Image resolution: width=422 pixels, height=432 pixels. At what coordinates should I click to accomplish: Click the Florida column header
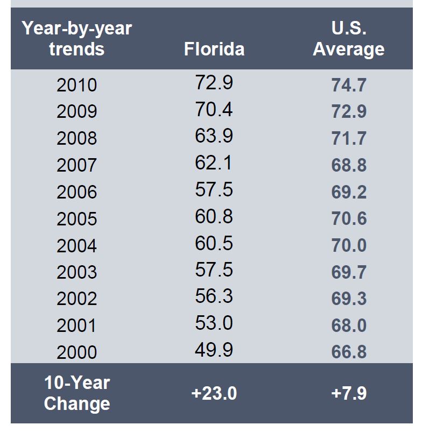click(214, 49)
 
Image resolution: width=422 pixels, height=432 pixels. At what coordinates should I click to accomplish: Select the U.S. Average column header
click(349, 39)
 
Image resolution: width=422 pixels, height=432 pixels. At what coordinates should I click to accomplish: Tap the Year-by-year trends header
click(77, 39)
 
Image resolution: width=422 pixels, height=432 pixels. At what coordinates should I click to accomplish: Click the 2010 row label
click(77, 85)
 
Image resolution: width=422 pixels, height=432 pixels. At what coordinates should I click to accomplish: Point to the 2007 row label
click(77, 165)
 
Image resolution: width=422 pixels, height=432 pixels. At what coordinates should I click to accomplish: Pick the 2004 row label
click(77, 246)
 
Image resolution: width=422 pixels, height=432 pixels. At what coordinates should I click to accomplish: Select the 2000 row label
click(77, 352)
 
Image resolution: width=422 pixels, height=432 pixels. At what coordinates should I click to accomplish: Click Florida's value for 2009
click(214, 109)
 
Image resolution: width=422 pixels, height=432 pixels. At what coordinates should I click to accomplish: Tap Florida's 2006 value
click(214, 189)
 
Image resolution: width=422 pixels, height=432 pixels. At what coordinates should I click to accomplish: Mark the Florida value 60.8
click(214, 216)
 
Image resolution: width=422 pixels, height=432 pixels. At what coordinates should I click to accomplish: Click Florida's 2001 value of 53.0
click(214, 323)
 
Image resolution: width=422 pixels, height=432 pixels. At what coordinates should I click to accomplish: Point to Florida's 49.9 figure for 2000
click(214, 350)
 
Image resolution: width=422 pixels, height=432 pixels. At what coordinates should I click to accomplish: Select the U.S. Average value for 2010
click(349, 85)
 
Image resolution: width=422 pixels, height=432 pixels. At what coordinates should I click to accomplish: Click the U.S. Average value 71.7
click(349, 138)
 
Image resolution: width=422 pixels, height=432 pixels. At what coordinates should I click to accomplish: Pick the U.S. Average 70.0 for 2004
click(349, 245)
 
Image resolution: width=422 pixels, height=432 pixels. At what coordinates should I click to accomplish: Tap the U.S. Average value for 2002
click(349, 299)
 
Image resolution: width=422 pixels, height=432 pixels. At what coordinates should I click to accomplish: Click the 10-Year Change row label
click(77, 393)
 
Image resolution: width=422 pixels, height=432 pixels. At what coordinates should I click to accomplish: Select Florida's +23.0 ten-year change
click(214, 393)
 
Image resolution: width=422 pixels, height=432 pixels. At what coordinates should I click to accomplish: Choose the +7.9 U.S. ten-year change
click(349, 393)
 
